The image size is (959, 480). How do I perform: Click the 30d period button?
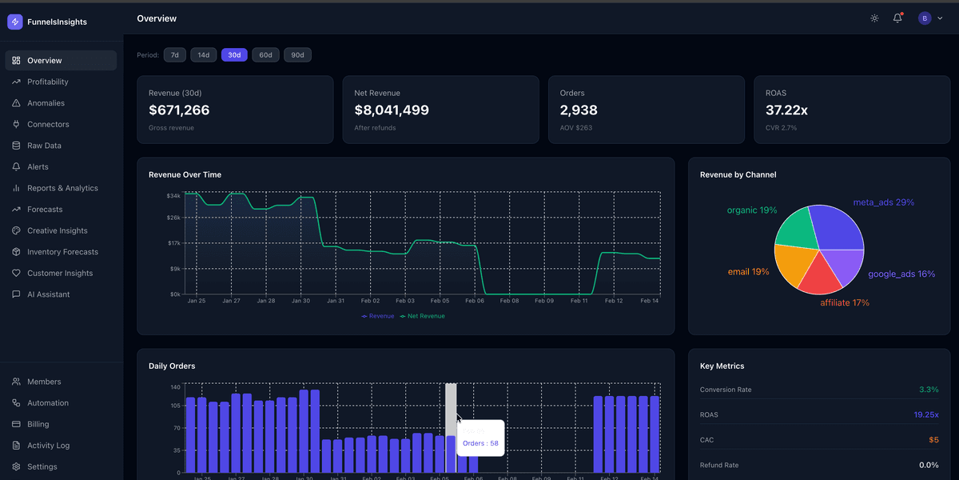234,55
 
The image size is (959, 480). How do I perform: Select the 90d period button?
297,55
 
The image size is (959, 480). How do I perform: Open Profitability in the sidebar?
48,82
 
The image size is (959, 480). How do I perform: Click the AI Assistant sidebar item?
48,294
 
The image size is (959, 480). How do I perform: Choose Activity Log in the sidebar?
48,446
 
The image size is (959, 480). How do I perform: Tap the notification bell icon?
897,18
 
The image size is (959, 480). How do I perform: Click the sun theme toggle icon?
874,18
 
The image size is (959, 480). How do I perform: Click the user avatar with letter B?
925,18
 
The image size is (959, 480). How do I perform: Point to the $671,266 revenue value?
179,110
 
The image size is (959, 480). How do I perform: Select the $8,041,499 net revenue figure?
392,110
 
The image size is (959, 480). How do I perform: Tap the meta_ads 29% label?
883,202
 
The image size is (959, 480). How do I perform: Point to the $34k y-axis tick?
173,195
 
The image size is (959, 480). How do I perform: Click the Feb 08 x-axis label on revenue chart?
509,301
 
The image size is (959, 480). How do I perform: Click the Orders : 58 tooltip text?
480,443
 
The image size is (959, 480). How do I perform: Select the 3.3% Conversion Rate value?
929,390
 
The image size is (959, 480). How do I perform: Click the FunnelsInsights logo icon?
14,22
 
